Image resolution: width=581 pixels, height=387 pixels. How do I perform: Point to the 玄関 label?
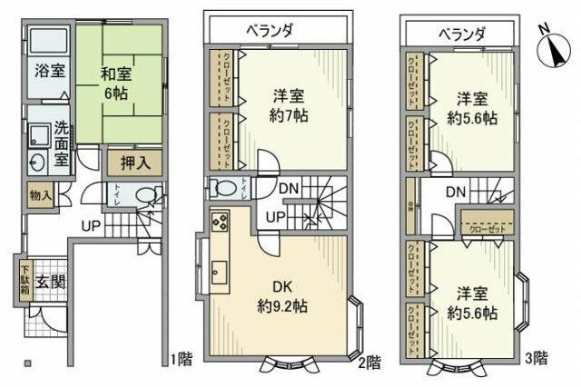tap(49, 282)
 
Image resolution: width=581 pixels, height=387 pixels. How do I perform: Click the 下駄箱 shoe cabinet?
tap(25, 281)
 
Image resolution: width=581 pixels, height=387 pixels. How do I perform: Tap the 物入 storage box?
tap(40, 196)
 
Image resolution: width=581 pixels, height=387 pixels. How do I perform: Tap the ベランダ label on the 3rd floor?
tap(461, 33)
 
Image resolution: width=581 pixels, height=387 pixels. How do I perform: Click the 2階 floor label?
tap(368, 361)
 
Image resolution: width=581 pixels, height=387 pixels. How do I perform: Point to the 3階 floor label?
tap(537, 357)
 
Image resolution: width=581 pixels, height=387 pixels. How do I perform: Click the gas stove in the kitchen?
tap(220, 221)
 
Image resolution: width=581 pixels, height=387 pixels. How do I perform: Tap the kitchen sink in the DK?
tap(220, 270)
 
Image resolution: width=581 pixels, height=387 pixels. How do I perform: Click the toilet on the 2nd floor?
tap(224, 188)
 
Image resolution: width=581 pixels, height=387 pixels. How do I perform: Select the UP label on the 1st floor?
tap(91, 226)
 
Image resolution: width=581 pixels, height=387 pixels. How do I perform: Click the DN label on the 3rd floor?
tap(455, 192)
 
